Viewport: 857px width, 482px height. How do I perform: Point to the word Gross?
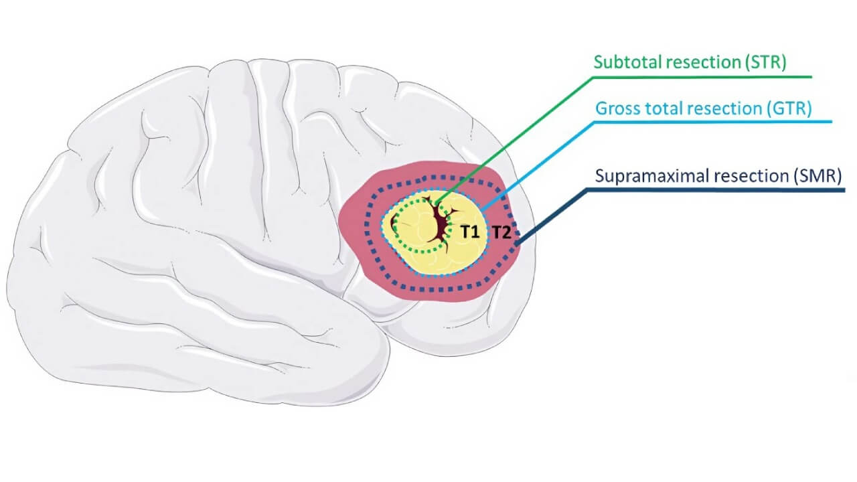[615, 108]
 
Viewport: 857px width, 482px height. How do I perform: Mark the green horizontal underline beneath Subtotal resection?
[703, 76]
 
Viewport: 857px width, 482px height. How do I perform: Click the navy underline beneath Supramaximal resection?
[716, 190]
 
